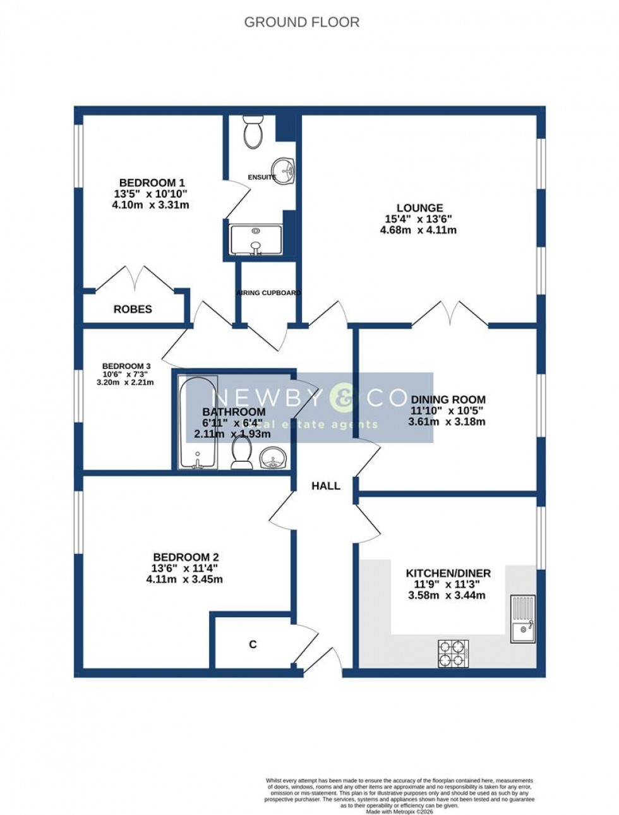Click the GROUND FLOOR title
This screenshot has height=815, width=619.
[x=301, y=23]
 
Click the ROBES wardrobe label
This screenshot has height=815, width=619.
[x=133, y=309]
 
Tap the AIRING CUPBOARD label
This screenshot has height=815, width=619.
[x=268, y=293]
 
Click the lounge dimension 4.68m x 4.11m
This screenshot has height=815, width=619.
[x=418, y=230]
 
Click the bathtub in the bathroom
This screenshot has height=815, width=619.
[x=198, y=422]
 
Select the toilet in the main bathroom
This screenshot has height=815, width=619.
[x=241, y=454]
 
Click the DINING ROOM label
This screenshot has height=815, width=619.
[x=448, y=399]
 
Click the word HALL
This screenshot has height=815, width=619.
[x=325, y=486]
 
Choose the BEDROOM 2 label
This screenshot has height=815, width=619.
[x=186, y=557]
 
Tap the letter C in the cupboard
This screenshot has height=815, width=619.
[x=253, y=644]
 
